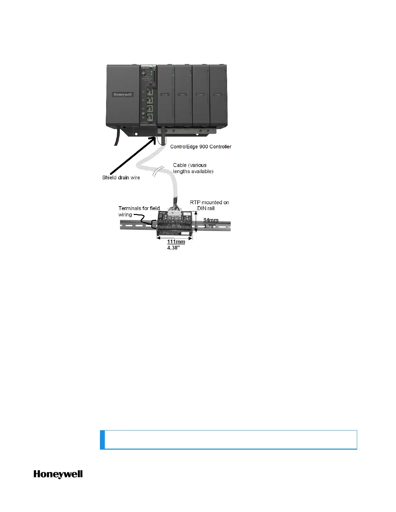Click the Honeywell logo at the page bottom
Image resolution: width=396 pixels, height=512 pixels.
pyautogui.click(x=58, y=474)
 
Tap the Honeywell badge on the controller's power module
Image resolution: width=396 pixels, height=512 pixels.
pyautogui.click(x=123, y=95)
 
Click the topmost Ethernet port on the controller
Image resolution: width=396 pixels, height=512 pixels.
pyautogui.click(x=150, y=91)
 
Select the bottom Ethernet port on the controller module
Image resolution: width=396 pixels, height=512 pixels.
pyautogui.click(x=150, y=117)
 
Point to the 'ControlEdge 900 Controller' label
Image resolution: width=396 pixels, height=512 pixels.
pyautogui.click(x=201, y=147)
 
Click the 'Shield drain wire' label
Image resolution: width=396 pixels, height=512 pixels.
pyautogui.click(x=121, y=177)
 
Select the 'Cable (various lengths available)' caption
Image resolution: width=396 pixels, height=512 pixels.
pyautogui.click(x=193, y=168)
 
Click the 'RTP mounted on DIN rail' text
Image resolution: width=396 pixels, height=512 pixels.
pyautogui.click(x=209, y=205)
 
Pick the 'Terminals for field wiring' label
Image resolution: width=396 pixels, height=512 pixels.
pyautogui.click(x=139, y=211)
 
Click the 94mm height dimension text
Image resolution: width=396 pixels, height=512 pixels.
pyautogui.click(x=211, y=220)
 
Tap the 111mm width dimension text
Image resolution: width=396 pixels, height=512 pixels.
pyautogui.click(x=176, y=242)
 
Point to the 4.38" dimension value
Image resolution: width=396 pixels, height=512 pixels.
pyautogui.click(x=174, y=248)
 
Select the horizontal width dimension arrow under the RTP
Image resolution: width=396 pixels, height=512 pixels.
pyautogui.click(x=175, y=238)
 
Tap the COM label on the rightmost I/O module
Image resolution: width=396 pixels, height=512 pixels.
pyautogui.click(x=218, y=95)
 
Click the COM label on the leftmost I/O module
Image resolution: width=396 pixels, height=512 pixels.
pyautogui.click(x=165, y=95)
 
